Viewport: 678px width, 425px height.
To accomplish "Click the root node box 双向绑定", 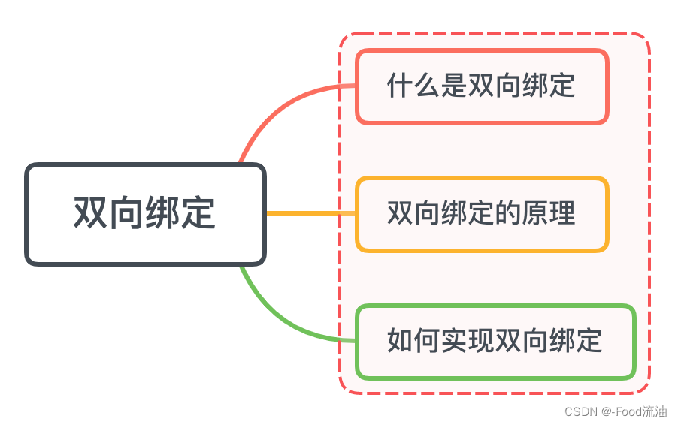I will pos(146,214).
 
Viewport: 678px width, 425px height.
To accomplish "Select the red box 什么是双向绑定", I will pos(481,86).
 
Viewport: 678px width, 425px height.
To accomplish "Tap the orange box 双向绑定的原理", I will pos(481,214).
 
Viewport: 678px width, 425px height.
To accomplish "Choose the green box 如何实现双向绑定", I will pos(495,342).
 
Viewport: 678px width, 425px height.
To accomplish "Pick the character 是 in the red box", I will pos(453,86).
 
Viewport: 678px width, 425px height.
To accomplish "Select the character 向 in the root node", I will pos(127,213).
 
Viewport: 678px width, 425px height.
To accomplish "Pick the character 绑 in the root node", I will pos(163,213).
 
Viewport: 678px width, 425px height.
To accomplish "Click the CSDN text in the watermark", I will pos(580,411).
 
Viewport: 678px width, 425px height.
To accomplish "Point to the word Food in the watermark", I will pos(626,411).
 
